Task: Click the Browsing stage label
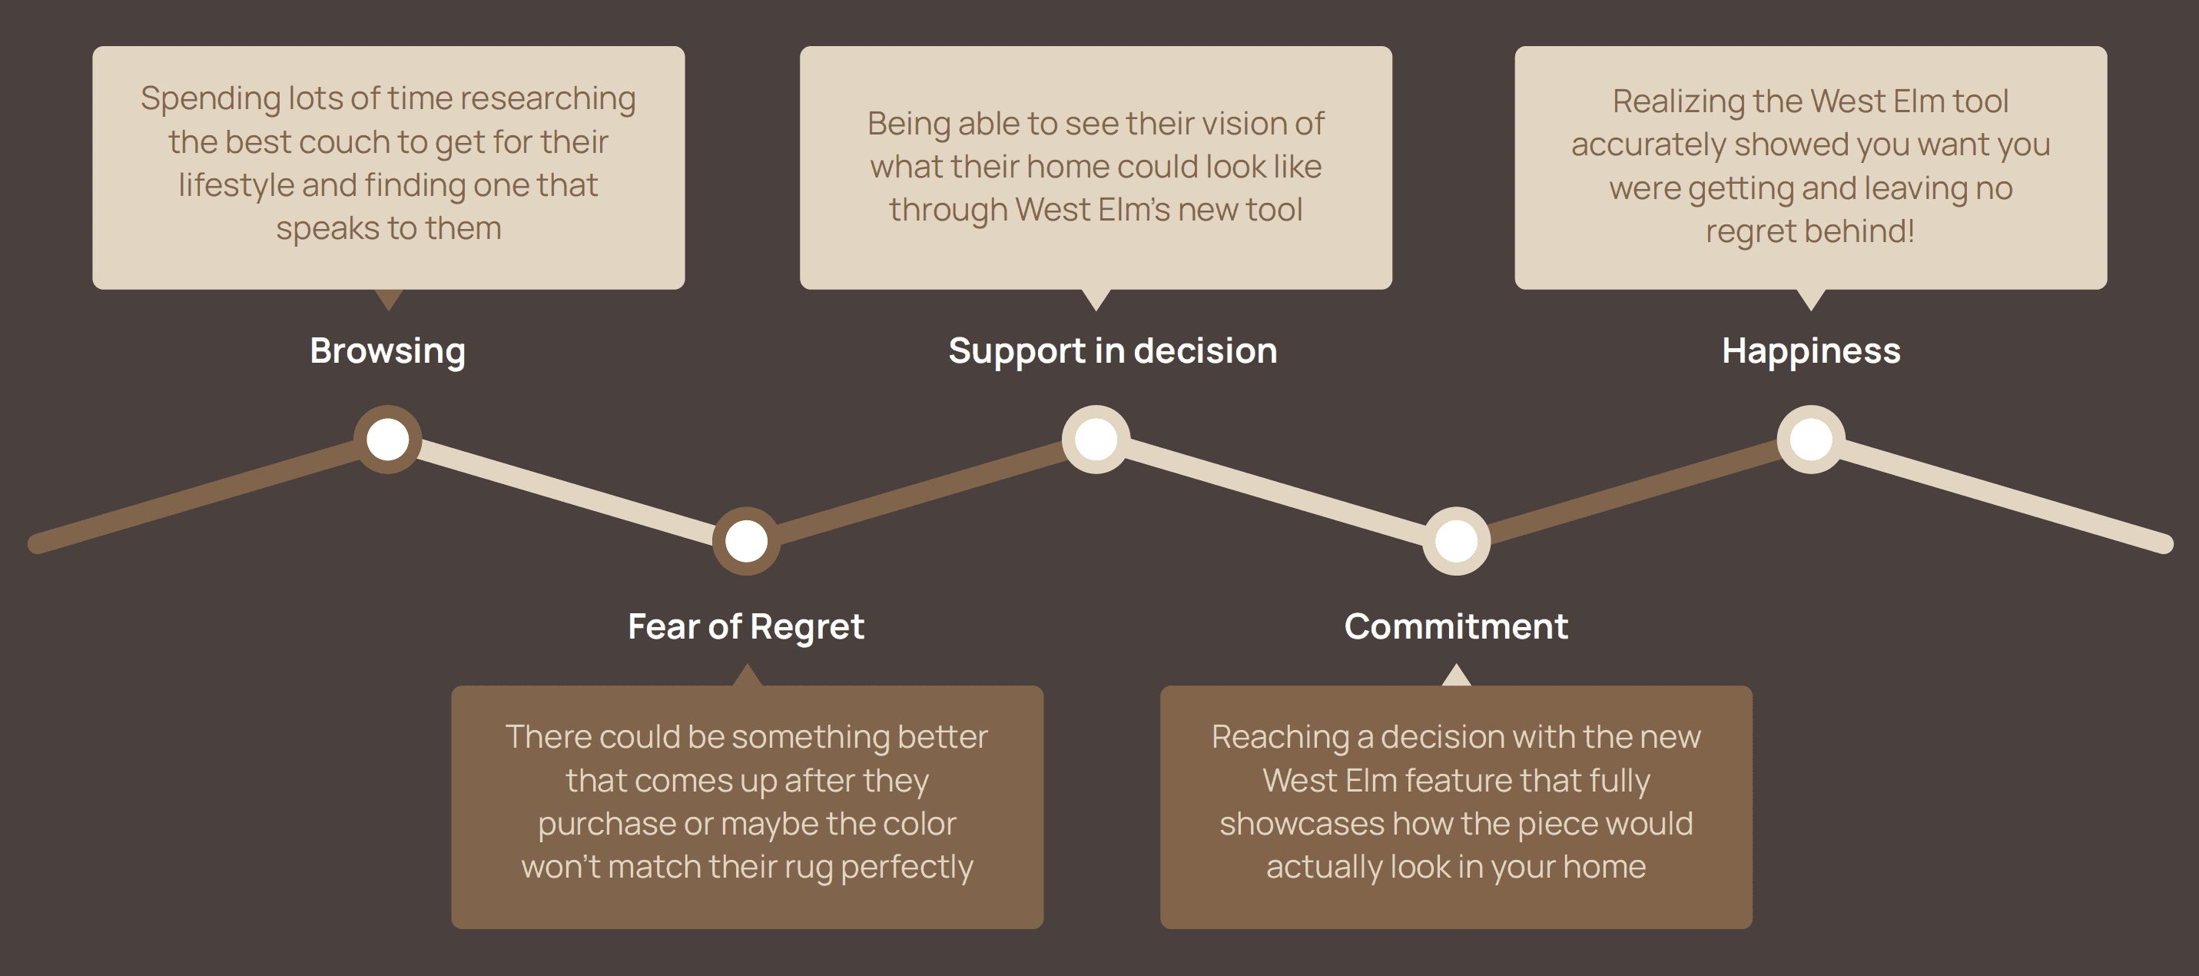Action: click(x=387, y=351)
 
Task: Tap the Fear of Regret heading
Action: click(x=745, y=627)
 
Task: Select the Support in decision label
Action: click(x=1113, y=351)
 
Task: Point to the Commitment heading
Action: click(x=1455, y=627)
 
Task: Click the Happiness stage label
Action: click(x=1810, y=351)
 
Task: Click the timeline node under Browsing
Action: click(x=387, y=439)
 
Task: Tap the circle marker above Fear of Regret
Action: click(x=746, y=540)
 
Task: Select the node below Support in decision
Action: click(x=1096, y=439)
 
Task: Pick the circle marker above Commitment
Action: click(x=1456, y=540)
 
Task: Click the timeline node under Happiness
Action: click(x=1810, y=439)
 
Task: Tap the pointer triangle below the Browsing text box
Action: click(x=389, y=299)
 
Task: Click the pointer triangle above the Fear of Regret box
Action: click(x=747, y=676)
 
